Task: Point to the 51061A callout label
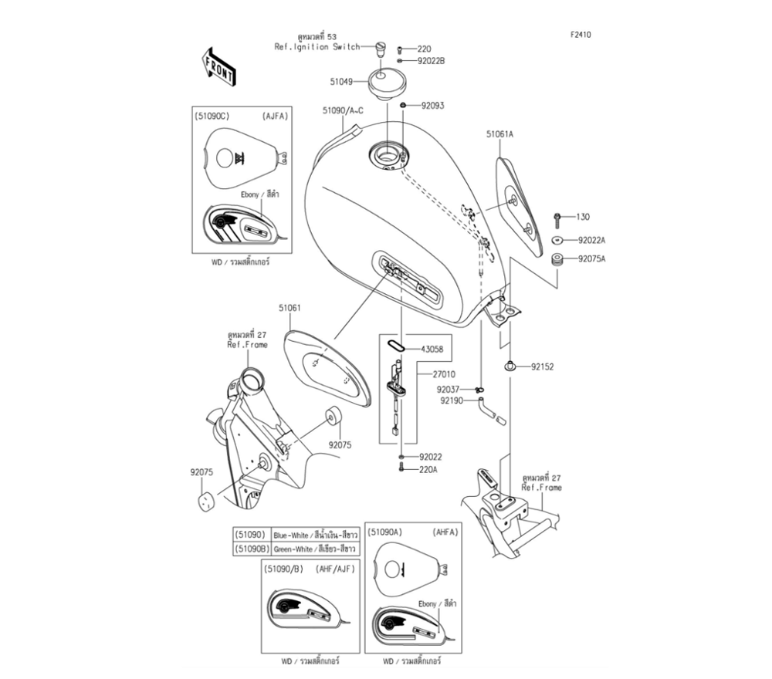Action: tap(499, 134)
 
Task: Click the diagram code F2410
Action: tap(581, 35)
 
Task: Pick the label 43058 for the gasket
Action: tap(432, 350)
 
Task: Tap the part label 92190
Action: tap(452, 401)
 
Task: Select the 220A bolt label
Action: tap(429, 469)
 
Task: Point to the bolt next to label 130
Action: tap(557, 218)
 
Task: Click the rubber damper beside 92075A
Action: tap(556, 259)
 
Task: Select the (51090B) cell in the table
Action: tap(252, 549)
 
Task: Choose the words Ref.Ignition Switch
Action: tap(317, 47)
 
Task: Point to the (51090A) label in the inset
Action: tap(385, 532)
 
